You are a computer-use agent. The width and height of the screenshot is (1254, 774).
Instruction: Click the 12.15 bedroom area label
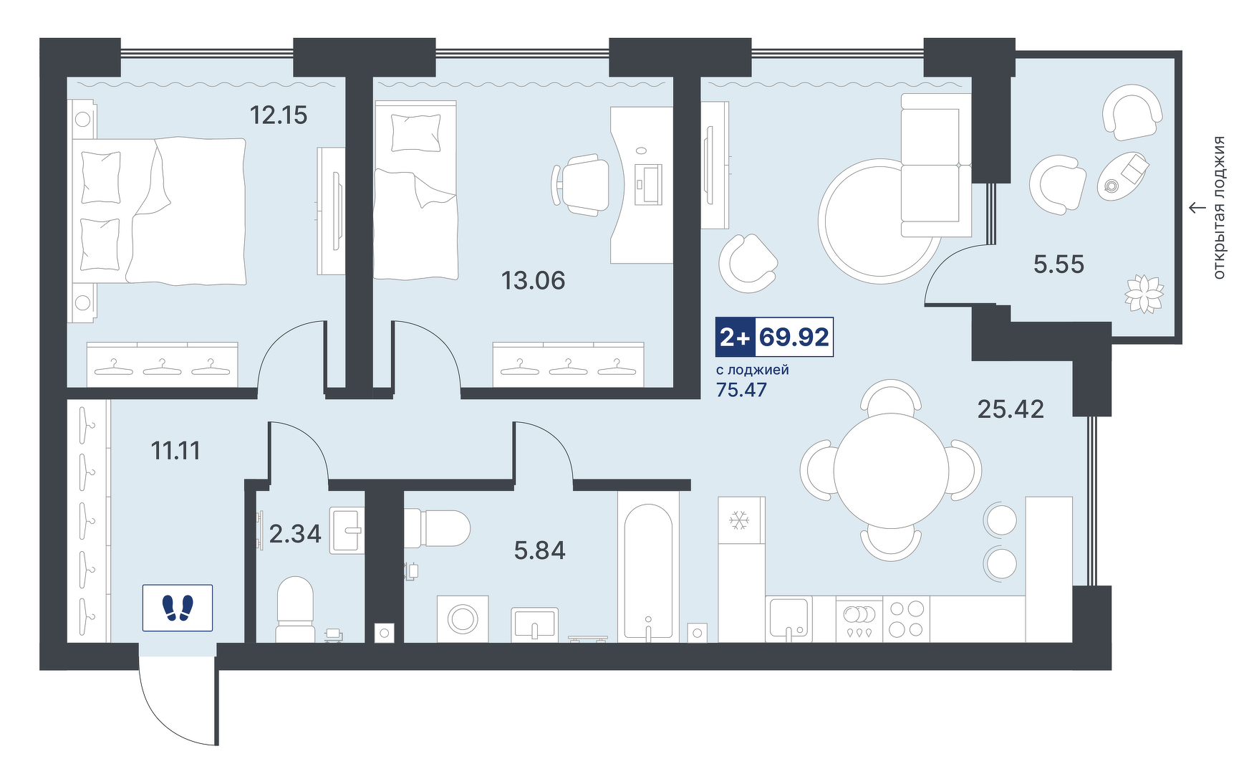coord(279,115)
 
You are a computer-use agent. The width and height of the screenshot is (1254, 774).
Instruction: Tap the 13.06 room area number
coord(534,280)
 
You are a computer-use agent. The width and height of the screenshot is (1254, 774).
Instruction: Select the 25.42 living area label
coord(1011,408)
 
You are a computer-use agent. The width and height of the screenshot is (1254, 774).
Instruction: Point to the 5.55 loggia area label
coord(1058,264)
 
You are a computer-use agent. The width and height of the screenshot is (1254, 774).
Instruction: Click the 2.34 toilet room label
coord(295,534)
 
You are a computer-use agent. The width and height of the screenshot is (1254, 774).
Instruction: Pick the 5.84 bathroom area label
coord(540,550)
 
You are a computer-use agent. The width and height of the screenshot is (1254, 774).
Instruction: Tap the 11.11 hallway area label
coord(175,450)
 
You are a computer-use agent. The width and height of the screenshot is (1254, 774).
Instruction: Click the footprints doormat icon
coord(178,608)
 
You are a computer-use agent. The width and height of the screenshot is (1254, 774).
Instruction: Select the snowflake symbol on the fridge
coord(738,520)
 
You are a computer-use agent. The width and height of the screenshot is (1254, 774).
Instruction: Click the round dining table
coord(891,471)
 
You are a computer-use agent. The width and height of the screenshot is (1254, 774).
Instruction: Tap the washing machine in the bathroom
coord(463,618)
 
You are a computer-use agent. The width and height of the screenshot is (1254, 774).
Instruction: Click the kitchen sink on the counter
coord(788,618)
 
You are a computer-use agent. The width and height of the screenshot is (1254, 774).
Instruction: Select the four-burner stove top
coord(906,619)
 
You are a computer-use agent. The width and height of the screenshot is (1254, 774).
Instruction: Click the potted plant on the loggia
coord(1144,294)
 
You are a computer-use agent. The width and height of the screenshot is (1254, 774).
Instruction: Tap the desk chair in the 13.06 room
coord(580,184)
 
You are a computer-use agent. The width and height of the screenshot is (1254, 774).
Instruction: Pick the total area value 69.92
coord(794,337)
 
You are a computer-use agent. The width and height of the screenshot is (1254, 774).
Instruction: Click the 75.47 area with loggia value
coord(741,390)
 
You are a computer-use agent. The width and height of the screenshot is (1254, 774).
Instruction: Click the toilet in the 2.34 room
coord(295,609)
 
